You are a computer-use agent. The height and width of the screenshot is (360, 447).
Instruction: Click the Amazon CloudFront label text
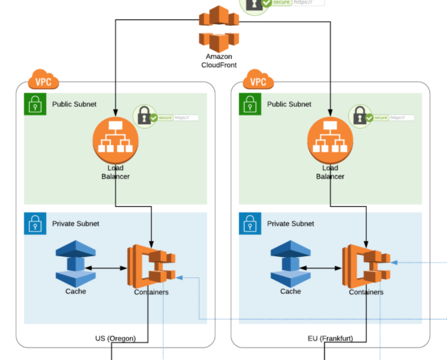219,61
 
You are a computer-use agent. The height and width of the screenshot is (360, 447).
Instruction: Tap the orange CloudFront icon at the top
219,28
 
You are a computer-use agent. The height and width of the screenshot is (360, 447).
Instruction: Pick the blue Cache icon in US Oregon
76,264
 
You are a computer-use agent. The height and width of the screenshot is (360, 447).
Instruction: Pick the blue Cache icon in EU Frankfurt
290,264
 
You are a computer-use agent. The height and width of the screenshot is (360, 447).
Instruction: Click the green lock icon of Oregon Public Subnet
35,104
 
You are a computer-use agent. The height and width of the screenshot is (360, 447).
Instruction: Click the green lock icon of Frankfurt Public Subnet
250,104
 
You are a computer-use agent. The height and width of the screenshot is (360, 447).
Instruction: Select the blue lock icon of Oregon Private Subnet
35,224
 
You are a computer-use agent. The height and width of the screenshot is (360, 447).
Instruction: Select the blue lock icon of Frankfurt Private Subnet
250,224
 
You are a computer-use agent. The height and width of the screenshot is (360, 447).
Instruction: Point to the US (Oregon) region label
116,339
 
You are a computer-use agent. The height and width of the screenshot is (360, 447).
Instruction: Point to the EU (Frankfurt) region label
330,339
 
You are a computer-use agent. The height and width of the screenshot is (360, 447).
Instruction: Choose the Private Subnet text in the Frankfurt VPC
290,224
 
